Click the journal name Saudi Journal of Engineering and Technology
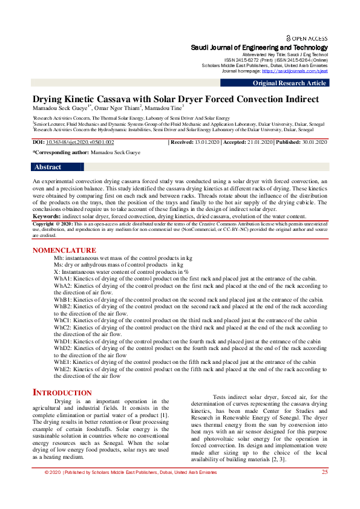260,48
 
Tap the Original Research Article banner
289,83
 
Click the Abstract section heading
48,167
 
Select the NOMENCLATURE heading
64,250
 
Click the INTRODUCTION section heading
62,393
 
